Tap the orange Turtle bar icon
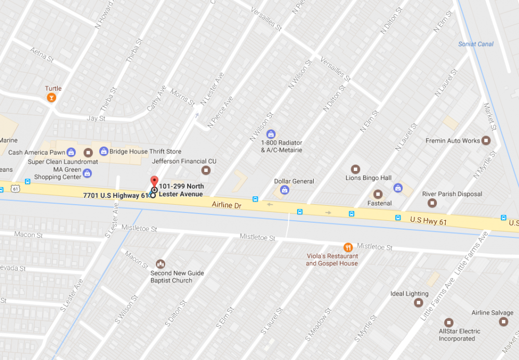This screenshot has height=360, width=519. [51, 98]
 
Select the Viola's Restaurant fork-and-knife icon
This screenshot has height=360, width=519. [348, 247]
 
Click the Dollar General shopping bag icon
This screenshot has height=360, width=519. [285, 190]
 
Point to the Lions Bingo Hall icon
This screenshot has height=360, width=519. [355, 169]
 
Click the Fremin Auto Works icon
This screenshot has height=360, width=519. [486, 140]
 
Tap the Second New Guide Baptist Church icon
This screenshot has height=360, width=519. [161, 264]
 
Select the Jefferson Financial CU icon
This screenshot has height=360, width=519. [206, 170]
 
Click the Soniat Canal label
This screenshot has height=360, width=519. [475, 44]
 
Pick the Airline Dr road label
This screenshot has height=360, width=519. [227, 205]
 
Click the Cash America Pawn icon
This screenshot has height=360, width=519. [71, 152]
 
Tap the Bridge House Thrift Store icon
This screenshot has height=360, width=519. [103, 151]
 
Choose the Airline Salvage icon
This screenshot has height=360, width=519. [503, 322]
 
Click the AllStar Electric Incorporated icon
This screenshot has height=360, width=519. [449, 322]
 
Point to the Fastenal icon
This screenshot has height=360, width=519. [378, 194]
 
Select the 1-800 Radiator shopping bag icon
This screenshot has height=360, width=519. [270, 134]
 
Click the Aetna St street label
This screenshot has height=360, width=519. [42, 55]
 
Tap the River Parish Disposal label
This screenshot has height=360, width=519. [451, 194]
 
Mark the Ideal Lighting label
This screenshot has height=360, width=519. [409, 294]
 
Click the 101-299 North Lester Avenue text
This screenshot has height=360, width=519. [181, 190]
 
